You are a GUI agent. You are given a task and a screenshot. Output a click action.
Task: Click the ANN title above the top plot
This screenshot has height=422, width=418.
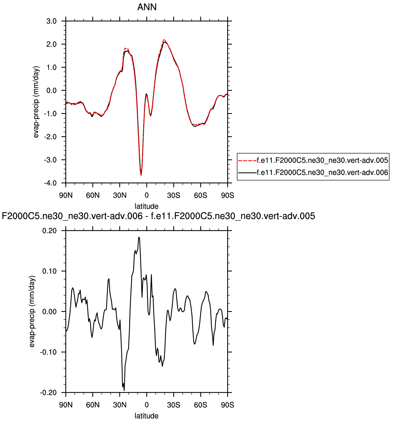pyautogui.click(x=147, y=7)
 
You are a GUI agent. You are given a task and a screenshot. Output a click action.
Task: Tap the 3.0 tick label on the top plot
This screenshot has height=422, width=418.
pyautogui.click(x=51, y=21)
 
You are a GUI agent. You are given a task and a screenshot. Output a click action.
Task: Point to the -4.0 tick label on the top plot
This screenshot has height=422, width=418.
pyautogui.click(x=50, y=183)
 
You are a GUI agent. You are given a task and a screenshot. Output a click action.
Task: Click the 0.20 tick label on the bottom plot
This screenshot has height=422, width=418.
pyautogui.click(x=50, y=231)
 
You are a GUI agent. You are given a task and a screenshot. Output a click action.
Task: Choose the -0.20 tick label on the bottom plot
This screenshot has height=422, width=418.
pyautogui.click(x=48, y=392)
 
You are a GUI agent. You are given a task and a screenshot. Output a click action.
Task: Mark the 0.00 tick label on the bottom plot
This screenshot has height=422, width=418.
pyautogui.click(x=50, y=312)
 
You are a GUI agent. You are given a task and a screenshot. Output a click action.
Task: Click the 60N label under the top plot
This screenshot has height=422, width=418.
pyautogui.click(x=93, y=196)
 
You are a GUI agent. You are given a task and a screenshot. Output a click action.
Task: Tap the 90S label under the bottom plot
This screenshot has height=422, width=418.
pyautogui.click(x=227, y=405)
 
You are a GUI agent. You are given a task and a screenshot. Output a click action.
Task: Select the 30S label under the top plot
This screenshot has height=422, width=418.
pyautogui.click(x=174, y=196)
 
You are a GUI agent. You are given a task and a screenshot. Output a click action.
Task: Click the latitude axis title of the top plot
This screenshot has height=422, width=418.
pyautogui.click(x=146, y=206)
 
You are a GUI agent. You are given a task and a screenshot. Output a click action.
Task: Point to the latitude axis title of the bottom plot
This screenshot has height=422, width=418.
pyautogui.click(x=146, y=416)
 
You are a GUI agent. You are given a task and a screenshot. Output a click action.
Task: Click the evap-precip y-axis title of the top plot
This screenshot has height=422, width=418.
pyautogui.click(x=36, y=102)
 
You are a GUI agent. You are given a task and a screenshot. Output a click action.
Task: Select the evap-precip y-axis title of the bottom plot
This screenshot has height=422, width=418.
pyautogui.click(x=32, y=312)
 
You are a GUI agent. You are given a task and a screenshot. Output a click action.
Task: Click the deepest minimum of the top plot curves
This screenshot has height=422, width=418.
pyautogui.click(x=141, y=175)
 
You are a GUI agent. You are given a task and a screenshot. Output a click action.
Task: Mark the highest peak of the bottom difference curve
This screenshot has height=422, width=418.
pyautogui.click(x=139, y=237)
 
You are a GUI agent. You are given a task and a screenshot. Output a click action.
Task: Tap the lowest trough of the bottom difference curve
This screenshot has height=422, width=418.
pyautogui.click(x=124, y=390)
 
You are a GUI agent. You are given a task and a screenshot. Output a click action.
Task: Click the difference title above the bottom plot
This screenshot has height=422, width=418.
pyautogui.click(x=158, y=216)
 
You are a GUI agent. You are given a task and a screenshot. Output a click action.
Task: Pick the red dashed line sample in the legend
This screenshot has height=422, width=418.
pyautogui.click(x=247, y=160)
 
